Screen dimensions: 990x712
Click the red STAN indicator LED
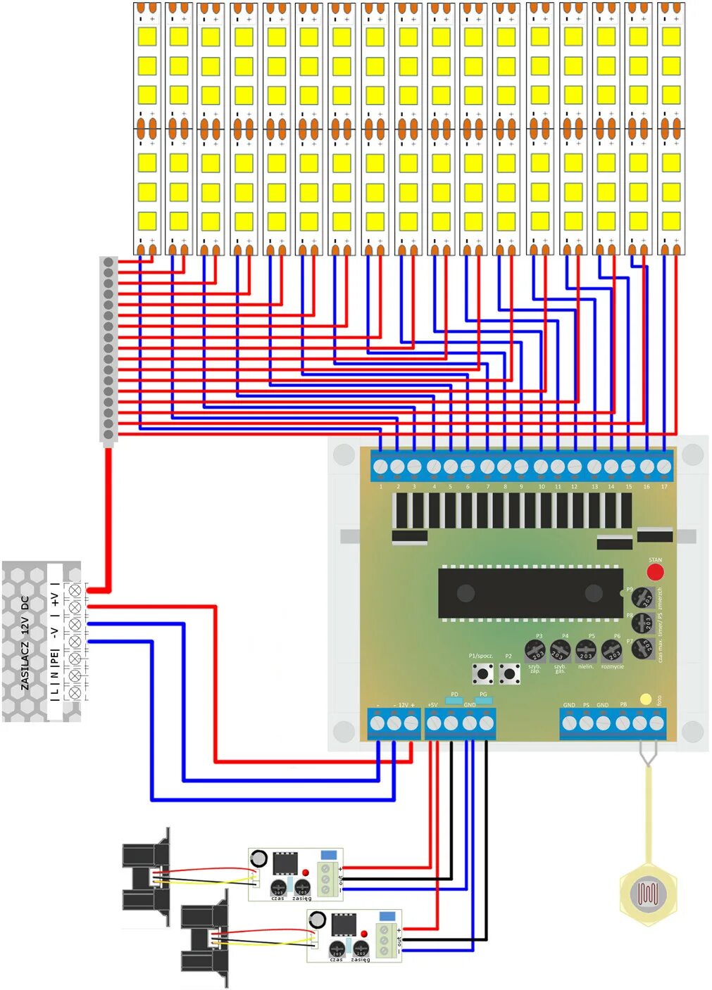point(655,571)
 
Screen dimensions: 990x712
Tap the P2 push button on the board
point(509,673)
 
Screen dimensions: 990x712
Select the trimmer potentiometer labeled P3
point(535,649)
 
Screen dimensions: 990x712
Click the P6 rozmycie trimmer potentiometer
point(611,650)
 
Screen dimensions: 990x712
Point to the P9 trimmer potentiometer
point(642,598)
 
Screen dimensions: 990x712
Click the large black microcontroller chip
point(530,592)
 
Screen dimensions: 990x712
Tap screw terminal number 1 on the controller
point(381,467)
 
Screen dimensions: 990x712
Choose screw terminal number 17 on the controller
point(663,467)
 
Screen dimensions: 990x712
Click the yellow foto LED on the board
point(645,699)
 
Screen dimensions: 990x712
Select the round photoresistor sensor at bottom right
point(648,893)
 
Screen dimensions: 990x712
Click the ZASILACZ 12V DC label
point(25,642)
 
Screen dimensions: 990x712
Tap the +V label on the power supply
point(55,599)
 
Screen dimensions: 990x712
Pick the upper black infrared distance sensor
point(146,876)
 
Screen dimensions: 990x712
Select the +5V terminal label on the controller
point(432,704)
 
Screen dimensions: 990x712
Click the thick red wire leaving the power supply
point(108,521)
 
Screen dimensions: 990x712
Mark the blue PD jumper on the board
point(454,701)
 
